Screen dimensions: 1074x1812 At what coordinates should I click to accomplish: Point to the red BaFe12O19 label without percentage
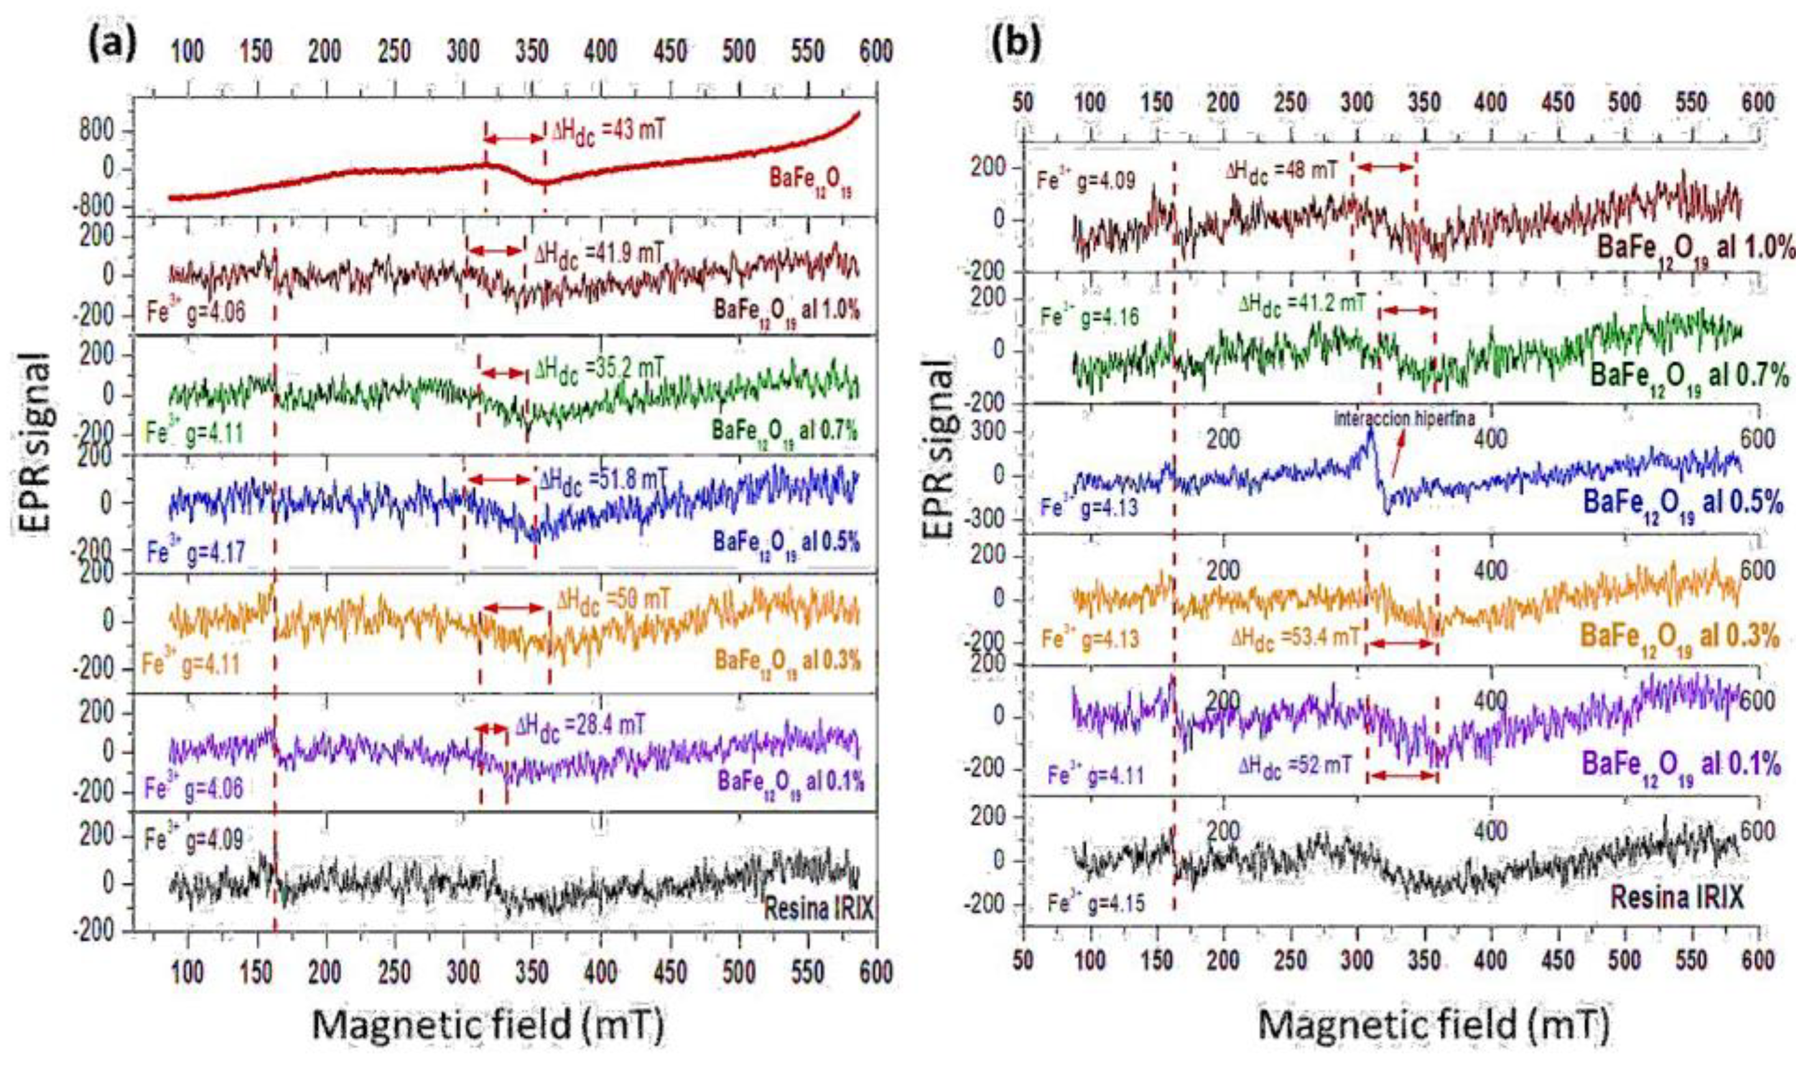814,182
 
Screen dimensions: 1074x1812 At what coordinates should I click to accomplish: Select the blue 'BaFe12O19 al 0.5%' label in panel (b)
1683,503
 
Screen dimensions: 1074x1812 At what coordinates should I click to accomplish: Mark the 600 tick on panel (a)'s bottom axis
876,973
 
